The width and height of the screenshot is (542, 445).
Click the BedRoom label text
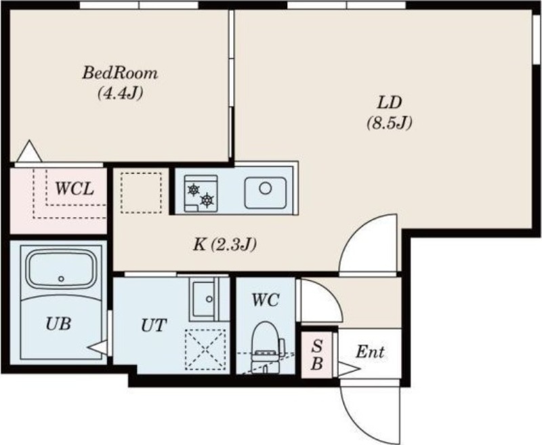pos(120,73)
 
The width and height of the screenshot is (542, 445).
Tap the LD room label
pos(390,102)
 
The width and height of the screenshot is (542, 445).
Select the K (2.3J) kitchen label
pos(225,245)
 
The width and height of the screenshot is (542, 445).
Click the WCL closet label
pos(75,189)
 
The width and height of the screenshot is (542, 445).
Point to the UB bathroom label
pos(58,324)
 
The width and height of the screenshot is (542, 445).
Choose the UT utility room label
pos(154,326)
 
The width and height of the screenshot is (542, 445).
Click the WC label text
pos(266,300)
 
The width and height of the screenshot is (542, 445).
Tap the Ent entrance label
pos(370,352)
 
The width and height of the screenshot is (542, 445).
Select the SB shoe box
pos(316,354)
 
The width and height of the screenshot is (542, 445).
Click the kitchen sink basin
pos(266,193)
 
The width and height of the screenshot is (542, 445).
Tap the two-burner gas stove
pos(201,193)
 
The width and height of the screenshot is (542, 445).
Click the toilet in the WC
pos(265,347)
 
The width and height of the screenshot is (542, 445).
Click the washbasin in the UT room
pos(205,299)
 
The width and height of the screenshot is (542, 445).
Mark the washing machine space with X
pos(205,349)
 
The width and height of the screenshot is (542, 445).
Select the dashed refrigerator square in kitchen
pos(142,193)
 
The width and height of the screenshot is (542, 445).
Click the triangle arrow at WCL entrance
pos(29,151)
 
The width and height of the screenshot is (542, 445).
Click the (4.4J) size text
pos(120,93)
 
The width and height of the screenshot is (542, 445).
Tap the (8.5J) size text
pos(390,123)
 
